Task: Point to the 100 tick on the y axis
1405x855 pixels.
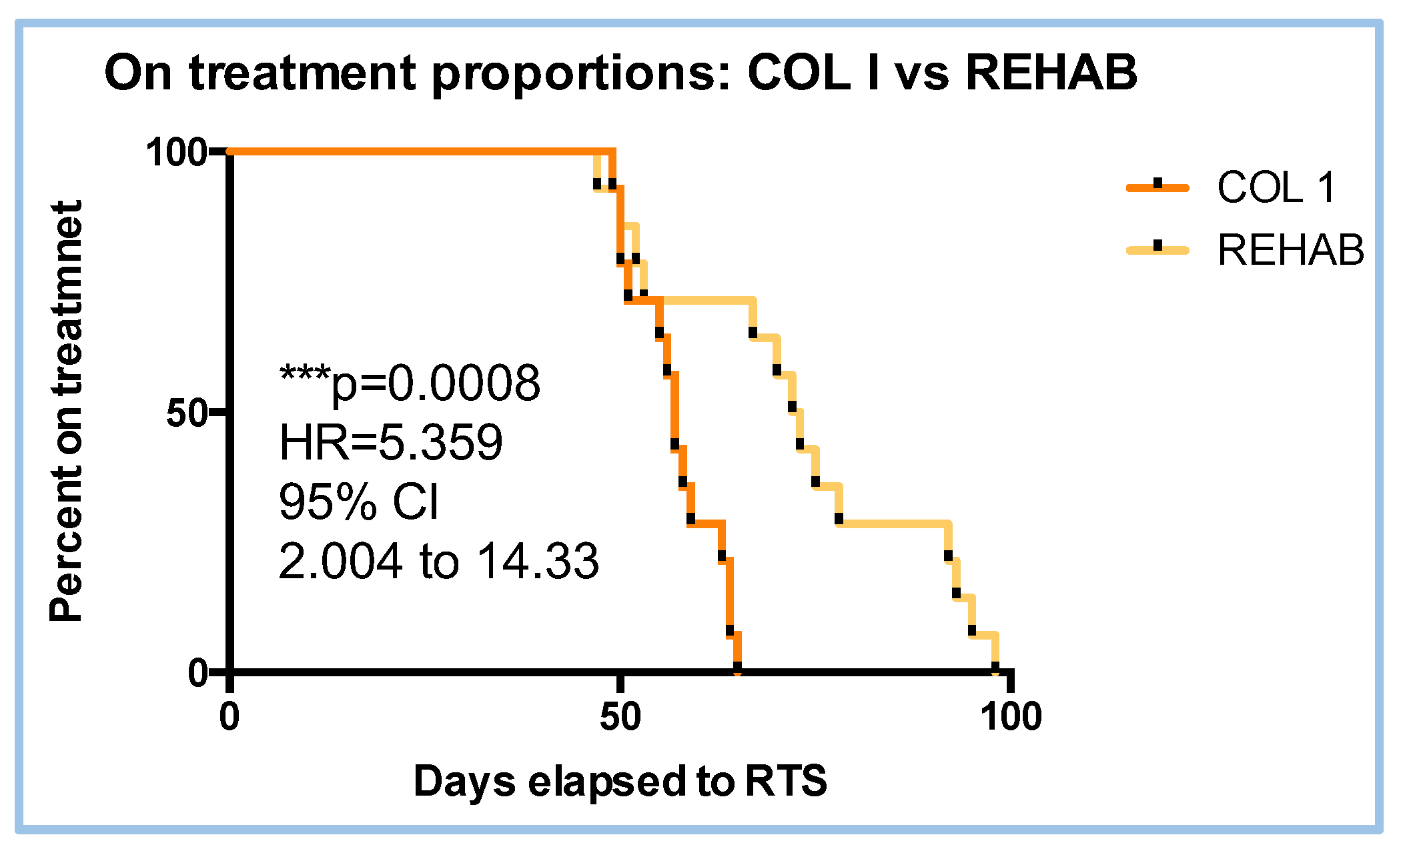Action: point(175,152)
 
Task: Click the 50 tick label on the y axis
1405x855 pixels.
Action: point(186,412)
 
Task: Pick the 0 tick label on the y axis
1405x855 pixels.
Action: point(198,672)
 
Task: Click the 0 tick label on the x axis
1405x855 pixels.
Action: point(229,717)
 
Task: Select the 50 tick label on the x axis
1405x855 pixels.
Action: point(620,717)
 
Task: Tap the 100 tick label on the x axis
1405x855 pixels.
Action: point(1011,717)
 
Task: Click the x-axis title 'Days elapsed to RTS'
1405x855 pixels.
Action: point(620,780)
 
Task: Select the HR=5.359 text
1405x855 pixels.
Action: point(390,442)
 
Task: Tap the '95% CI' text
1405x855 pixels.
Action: point(359,502)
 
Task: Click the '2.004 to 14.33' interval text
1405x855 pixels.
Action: point(438,561)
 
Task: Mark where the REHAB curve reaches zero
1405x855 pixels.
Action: point(995,669)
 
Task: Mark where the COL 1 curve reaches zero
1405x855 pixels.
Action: point(737,669)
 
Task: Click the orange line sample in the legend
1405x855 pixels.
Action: point(1158,187)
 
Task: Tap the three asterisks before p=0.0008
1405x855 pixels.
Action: point(304,373)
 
